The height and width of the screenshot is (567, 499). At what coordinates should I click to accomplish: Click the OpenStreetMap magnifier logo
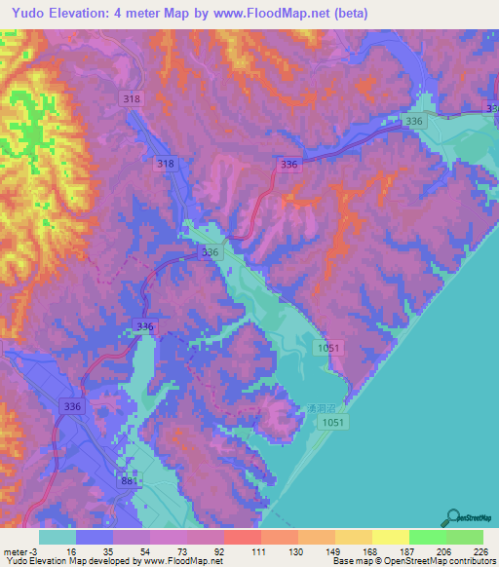[453, 517]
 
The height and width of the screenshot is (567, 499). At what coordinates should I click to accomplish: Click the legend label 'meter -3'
[20, 550]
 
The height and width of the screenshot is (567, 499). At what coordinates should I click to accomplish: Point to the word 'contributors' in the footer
[473, 561]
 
